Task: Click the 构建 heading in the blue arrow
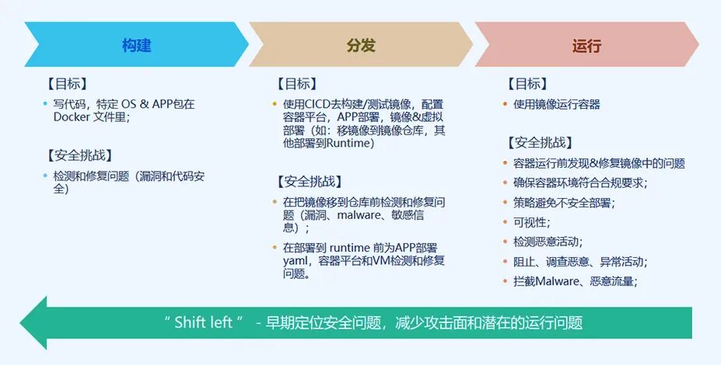[x=136, y=46]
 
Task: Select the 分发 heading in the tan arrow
[x=361, y=46]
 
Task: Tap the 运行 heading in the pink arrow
[x=586, y=46]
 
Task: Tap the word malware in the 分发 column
[x=362, y=215]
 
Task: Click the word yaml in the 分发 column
[x=296, y=261]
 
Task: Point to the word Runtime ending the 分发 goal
[x=351, y=143]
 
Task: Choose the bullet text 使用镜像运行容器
[x=556, y=104]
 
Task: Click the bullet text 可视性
[x=531, y=222]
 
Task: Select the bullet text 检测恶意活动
[x=547, y=242]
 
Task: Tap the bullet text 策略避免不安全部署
[x=563, y=203]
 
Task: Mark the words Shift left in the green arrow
[x=204, y=322]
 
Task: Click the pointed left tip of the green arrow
[x=23, y=322]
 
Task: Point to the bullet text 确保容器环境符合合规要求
[x=579, y=183]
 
